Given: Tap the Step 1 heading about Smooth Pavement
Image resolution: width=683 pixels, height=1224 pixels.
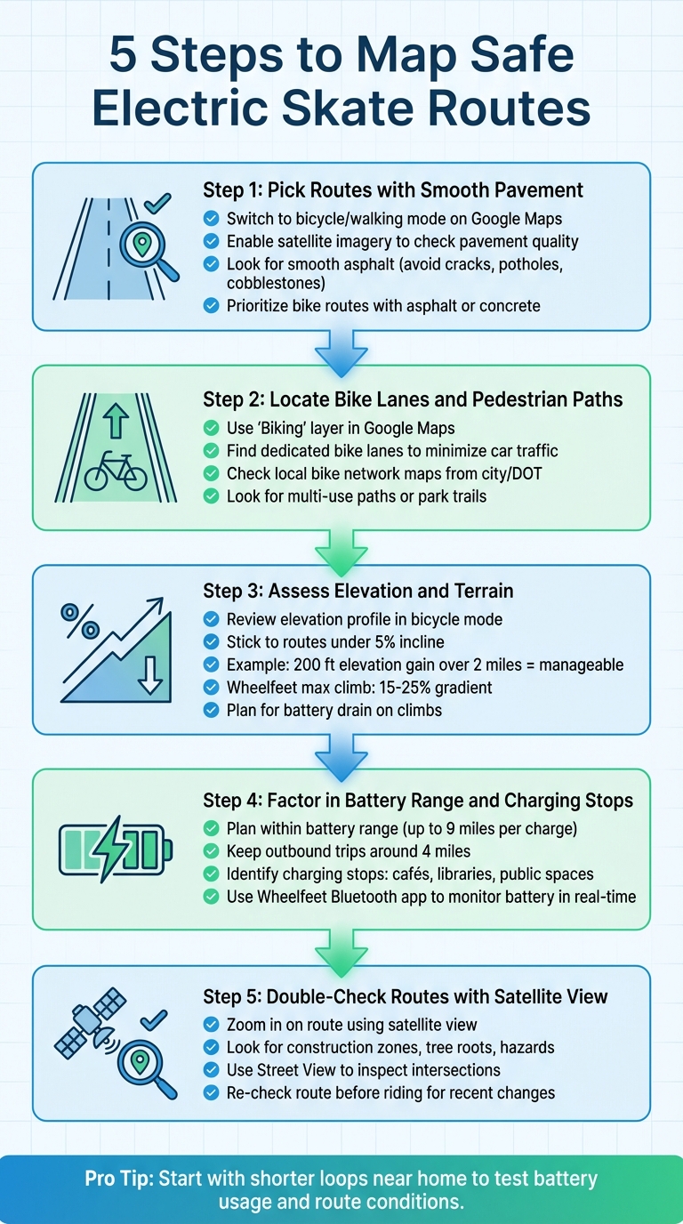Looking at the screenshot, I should coord(393,189).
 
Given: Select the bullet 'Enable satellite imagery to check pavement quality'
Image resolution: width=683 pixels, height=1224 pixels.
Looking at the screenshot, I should coord(402,241).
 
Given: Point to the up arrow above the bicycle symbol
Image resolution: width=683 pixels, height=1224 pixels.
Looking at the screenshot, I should coord(116,420).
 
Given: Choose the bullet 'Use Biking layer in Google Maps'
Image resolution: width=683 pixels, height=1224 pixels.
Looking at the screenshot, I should coord(352,427).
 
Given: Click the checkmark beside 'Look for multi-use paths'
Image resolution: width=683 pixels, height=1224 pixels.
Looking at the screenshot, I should coord(211,496).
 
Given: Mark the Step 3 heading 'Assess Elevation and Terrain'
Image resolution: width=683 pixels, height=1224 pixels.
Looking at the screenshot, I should coord(358,591).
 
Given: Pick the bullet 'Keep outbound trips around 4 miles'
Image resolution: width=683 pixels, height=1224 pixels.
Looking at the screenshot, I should coord(349,851).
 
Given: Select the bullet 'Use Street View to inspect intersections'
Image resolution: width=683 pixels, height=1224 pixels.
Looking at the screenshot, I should coord(363,1069).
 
